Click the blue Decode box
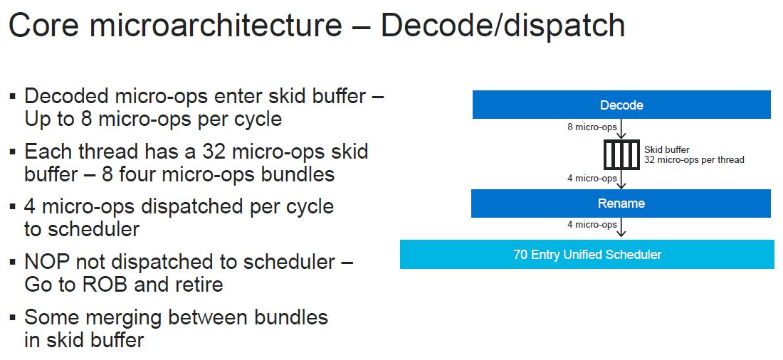point(621,105)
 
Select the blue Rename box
point(621,203)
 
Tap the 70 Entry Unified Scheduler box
point(587,254)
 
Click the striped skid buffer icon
point(621,155)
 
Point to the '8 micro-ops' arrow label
point(592,127)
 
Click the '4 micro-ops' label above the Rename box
point(592,179)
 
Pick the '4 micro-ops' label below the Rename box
point(592,225)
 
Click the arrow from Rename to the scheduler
point(621,227)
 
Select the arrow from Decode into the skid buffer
point(621,129)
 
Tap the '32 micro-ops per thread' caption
point(694,160)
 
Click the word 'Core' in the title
point(44,26)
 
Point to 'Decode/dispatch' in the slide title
point(503,26)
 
